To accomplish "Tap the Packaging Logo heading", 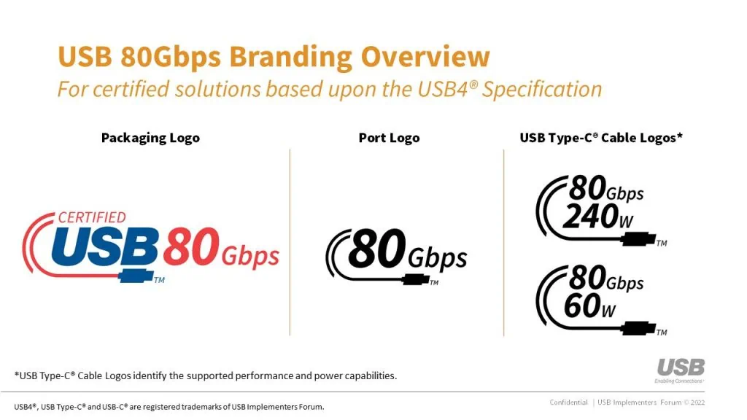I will [150, 138].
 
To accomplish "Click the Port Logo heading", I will [389, 138].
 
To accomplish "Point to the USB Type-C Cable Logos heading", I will [601, 138].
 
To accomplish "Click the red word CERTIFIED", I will [91, 217].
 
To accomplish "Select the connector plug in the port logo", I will [415, 279].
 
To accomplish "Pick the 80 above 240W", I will [587, 188].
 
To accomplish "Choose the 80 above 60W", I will [587, 279].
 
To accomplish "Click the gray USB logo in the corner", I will [680, 367].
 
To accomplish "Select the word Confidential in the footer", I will [568, 402].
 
